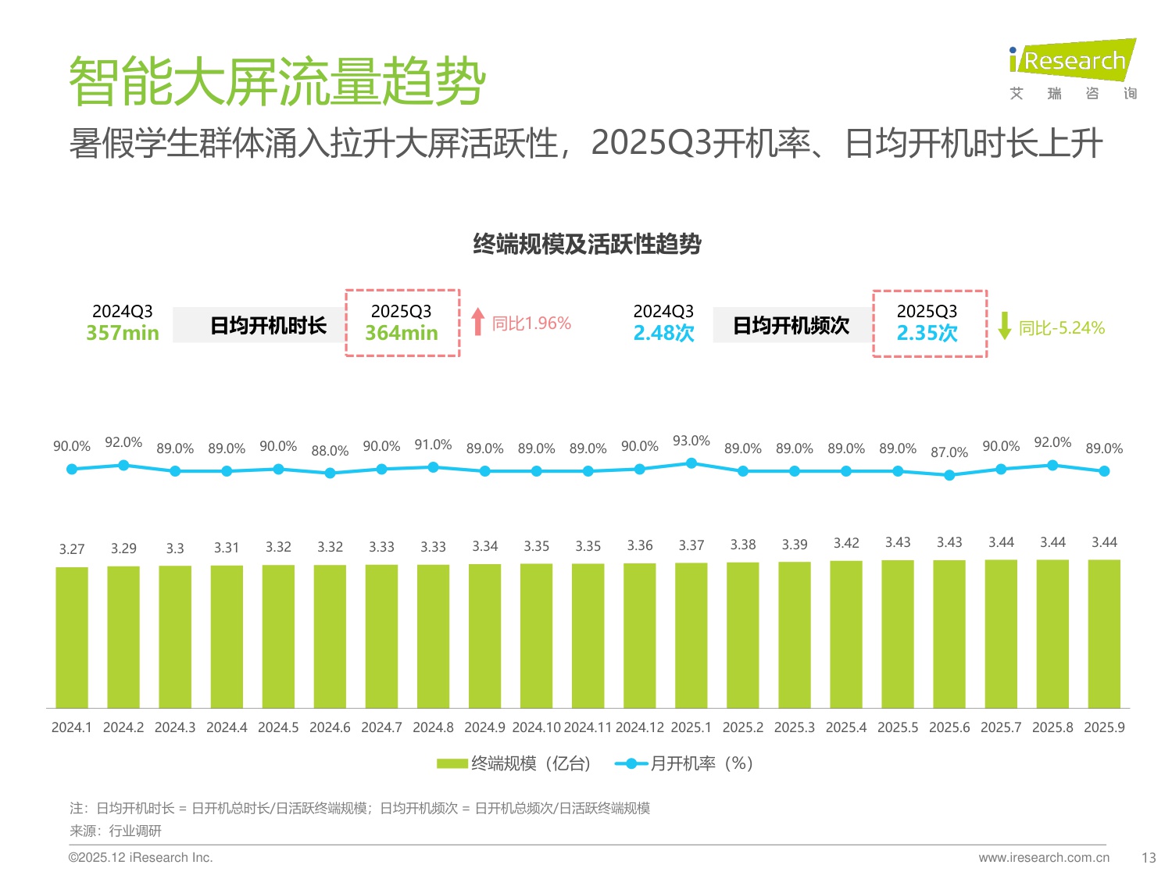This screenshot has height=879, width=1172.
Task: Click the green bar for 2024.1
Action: pyautogui.click(x=72, y=637)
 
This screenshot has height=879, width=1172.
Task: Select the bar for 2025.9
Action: pyautogui.click(x=1104, y=633)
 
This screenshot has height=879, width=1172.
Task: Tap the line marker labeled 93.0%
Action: pyautogui.click(x=691, y=463)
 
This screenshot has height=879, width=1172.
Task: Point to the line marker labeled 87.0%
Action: pyautogui.click(x=949, y=475)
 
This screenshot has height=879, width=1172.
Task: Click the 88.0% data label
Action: pyautogui.click(x=330, y=451)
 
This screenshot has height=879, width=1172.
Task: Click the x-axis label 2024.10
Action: pyautogui.click(x=536, y=727)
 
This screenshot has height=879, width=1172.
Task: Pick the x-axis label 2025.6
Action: pyautogui.click(x=949, y=727)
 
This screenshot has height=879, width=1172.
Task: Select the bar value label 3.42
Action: pyautogui.click(x=846, y=543)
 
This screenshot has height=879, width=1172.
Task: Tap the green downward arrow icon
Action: pyautogui.click(x=1005, y=326)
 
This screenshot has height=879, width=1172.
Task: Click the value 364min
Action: pyautogui.click(x=402, y=333)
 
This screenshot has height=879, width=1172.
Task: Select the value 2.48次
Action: pyautogui.click(x=663, y=333)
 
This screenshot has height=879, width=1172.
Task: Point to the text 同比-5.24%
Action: pyautogui.click(x=1061, y=328)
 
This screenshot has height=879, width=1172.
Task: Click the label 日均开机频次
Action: pyautogui.click(x=791, y=326)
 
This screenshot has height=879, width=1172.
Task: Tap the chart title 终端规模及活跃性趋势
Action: pyautogui.click(x=587, y=245)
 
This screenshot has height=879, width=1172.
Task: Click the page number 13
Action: pyautogui.click(x=1148, y=858)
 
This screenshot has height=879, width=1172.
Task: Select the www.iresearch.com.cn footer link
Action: pyautogui.click(x=1044, y=858)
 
